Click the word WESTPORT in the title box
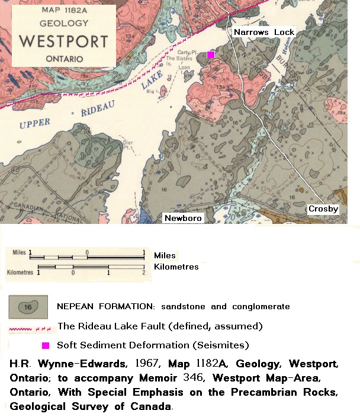pos(64,42)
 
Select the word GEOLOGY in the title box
pos(64,24)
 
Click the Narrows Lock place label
pos(263,32)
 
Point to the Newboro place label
pos(182,218)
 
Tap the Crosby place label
pos(323,209)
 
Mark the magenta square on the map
pos(210,54)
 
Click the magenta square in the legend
pos(45,345)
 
